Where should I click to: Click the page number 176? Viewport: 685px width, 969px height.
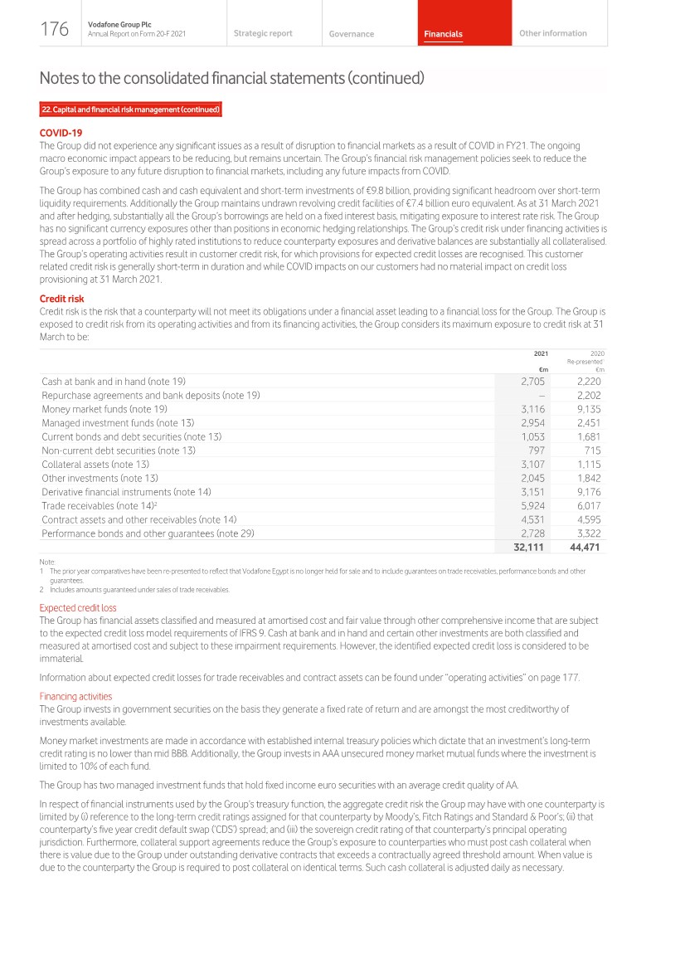pyautogui.click(x=54, y=30)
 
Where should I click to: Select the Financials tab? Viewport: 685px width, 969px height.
pyautogui.click(x=443, y=34)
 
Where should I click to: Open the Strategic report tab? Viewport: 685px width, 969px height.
pyautogui.click(x=263, y=33)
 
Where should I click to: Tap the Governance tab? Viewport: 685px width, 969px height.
pyautogui.click(x=351, y=34)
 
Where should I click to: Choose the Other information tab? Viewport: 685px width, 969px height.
pyautogui.click(x=552, y=33)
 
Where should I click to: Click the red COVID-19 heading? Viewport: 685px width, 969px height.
pyautogui.click(x=61, y=133)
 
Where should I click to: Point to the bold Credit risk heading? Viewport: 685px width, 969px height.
pyautogui.click(x=61, y=299)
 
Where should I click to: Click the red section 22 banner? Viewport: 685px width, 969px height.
pyautogui.click(x=130, y=110)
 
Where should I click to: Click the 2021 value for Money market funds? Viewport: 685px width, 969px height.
pyautogui.click(x=532, y=409)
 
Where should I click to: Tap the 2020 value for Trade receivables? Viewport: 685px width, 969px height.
pyautogui.click(x=585, y=506)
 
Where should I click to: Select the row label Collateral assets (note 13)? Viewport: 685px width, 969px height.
pyautogui.click(x=95, y=465)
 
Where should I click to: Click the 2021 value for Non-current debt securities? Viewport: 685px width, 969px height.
pyautogui.click(x=536, y=450)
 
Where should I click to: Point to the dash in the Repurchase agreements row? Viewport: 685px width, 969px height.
pyautogui.click(x=541, y=396)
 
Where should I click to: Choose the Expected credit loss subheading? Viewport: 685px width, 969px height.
pyautogui.click(x=78, y=607)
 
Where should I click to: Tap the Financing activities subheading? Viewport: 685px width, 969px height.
pyautogui.click(x=75, y=696)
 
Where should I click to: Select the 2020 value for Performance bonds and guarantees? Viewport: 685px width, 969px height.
pyautogui.click(x=585, y=533)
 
